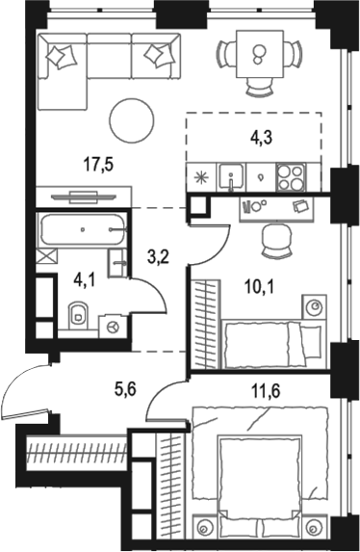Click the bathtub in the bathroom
81,231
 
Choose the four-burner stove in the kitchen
291,176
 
